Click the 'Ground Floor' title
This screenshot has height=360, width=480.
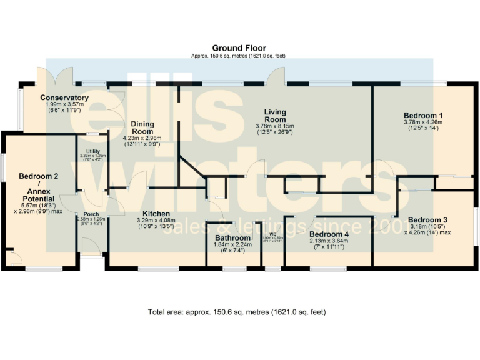point(239,48)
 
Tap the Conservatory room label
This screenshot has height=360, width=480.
point(64,98)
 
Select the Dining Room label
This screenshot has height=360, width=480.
point(142,128)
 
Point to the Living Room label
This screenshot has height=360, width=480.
point(274,116)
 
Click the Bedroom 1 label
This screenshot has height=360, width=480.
point(423,116)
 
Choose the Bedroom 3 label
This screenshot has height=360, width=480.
point(428,220)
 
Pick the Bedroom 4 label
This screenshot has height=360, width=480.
point(329,234)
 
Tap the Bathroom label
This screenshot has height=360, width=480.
point(232,238)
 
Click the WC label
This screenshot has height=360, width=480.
point(272,234)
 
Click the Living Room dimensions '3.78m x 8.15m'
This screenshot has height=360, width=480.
point(274,126)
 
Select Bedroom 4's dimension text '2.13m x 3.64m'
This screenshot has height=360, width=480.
point(329,241)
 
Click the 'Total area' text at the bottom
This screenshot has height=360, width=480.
point(236,311)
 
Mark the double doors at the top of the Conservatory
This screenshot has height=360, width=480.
point(55,76)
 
